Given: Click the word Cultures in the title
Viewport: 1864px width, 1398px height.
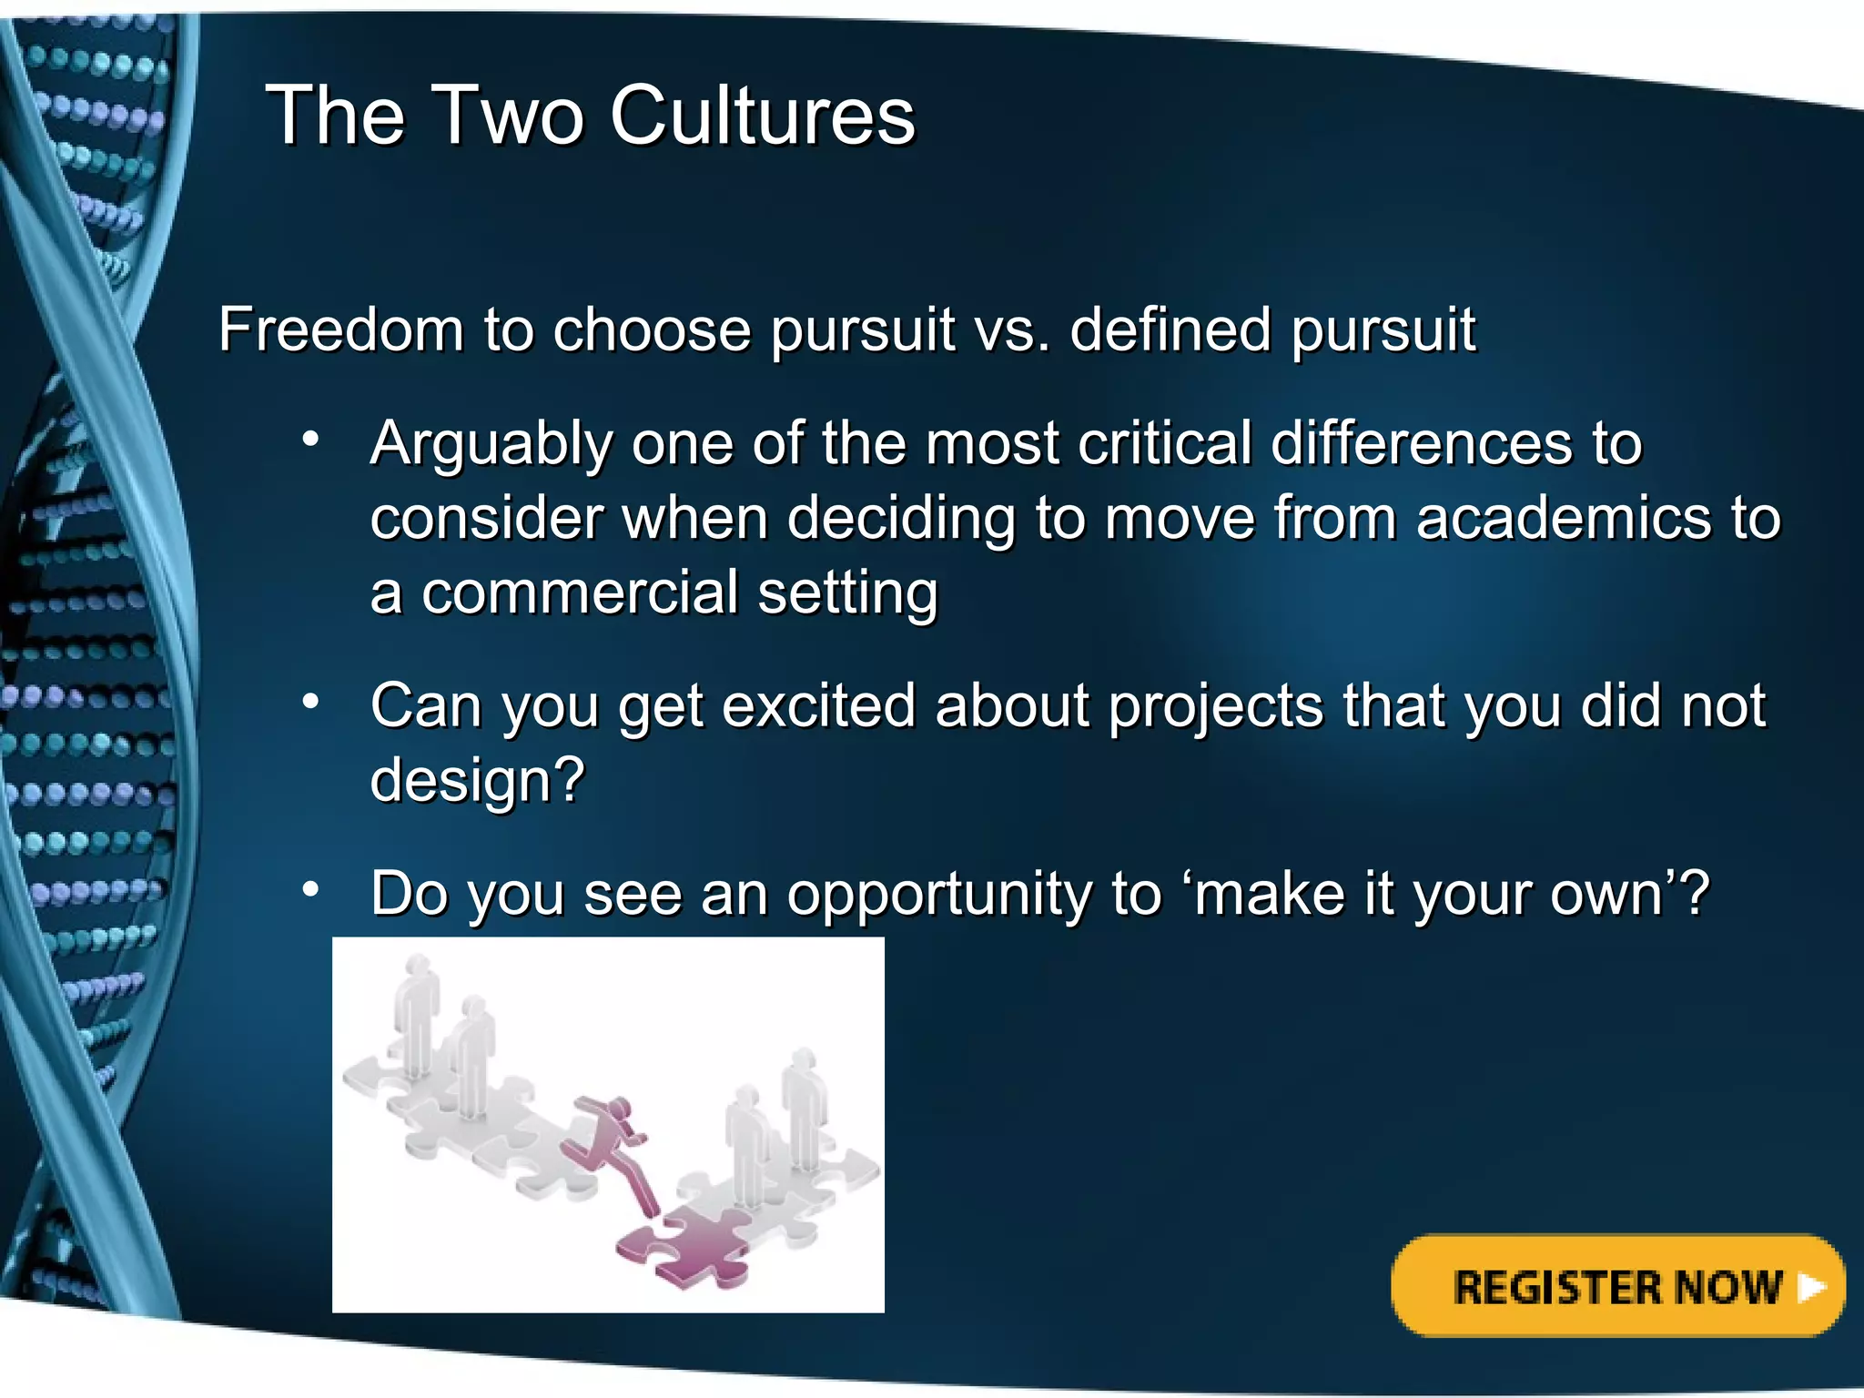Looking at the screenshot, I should point(762,116).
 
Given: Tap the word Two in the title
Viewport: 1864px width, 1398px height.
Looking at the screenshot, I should point(510,116).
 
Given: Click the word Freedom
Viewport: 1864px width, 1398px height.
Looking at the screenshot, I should point(341,329).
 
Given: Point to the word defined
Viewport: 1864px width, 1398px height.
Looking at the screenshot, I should point(1170,329).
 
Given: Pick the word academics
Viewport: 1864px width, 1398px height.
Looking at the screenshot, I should point(1564,519).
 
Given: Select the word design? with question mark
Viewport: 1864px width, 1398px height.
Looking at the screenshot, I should point(477,781).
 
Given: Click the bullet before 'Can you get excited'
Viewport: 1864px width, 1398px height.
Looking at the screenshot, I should point(311,702).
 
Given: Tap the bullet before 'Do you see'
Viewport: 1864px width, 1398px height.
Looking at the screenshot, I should point(311,889).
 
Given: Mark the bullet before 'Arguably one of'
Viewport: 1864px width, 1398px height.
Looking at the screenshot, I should point(311,441).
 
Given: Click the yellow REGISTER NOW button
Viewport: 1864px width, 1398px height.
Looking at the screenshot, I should point(1616,1286).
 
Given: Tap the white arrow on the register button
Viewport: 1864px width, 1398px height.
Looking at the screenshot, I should point(1811,1287).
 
